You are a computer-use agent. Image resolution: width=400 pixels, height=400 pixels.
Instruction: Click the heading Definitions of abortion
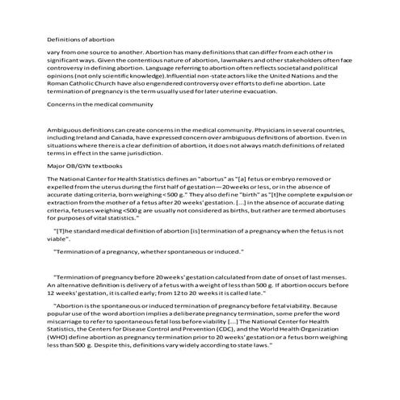pos(80,39)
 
